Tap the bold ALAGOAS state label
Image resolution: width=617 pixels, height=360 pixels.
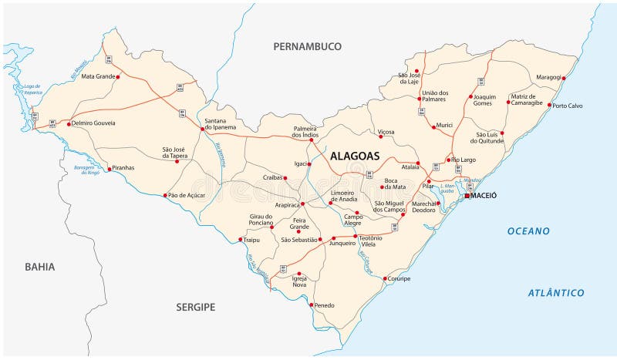pos(355,156)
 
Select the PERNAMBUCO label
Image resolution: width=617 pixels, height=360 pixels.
pos(307,47)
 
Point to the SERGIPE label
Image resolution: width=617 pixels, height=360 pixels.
pos(194,307)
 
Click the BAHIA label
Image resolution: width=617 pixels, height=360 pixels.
pos(39,267)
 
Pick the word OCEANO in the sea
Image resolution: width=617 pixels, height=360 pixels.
pos(528,231)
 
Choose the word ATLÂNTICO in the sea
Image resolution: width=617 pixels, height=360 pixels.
pos(556,293)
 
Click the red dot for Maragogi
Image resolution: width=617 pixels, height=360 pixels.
pos(564,78)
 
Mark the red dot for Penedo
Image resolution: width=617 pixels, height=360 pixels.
pos(312,305)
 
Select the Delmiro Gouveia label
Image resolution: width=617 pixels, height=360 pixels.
pos(94,123)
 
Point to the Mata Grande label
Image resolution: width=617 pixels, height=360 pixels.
pos(97,76)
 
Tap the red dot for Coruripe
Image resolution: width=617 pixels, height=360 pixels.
pos(385,278)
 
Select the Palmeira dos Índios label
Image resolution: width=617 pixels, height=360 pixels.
pos(305,132)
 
